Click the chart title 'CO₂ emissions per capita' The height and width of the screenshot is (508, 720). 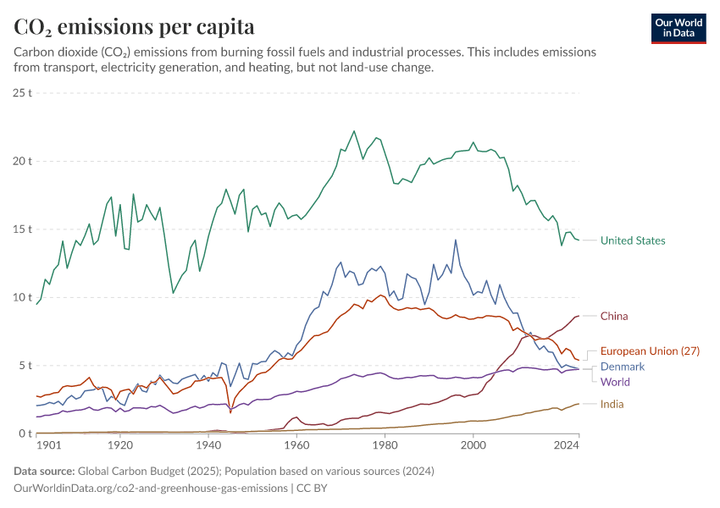pyautogui.click(x=134, y=27)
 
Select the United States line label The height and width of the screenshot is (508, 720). pyautogui.click(x=632, y=240)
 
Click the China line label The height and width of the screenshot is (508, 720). pyautogui.click(x=614, y=316)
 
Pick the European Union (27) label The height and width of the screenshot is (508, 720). pyautogui.click(x=650, y=351)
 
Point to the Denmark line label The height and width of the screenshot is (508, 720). pyautogui.click(x=623, y=367)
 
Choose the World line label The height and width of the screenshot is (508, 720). pyautogui.click(x=615, y=382)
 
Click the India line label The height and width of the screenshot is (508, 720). pyautogui.click(x=612, y=404)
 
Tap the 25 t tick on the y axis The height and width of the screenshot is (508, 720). pyautogui.click(x=22, y=92)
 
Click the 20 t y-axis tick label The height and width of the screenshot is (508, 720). pyautogui.click(x=22, y=161)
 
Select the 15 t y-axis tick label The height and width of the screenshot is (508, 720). pyautogui.click(x=22, y=229)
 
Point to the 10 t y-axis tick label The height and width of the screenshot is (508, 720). pyautogui.click(x=22, y=297)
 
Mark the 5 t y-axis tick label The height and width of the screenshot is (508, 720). pyautogui.click(x=25, y=366)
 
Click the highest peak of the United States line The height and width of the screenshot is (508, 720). pyautogui.click(x=354, y=131)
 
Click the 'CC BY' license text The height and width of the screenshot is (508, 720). pyautogui.click(x=312, y=489)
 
